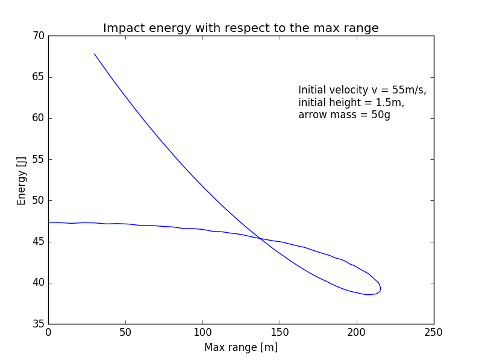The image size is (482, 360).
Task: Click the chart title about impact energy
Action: click(x=241, y=28)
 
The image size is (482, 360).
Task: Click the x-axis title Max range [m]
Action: click(x=241, y=347)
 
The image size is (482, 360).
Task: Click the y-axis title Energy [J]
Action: click(x=22, y=180)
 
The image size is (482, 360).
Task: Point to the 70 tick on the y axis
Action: click(x=38, y=36)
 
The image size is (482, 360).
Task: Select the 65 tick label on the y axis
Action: click(x=38, y=77)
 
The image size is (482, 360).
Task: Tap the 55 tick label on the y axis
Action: click(x=38, y=160)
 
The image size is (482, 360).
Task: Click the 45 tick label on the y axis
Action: click(x=38, y=242)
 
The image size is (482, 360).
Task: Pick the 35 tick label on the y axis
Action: click(x=38, y=324)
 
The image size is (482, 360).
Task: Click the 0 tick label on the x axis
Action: click(x=48, y=332)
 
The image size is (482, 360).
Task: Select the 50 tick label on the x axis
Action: click(x=125, y=332)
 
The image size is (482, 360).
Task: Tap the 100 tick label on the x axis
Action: click(x=202, y=332)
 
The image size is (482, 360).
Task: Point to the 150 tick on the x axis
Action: click(x=280, y=332)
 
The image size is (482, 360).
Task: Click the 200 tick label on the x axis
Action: click(x=357, y=332)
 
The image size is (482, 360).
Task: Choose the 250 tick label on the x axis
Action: click(x=434, y=332)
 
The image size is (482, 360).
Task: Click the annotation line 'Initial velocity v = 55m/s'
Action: click(x=362, y=90)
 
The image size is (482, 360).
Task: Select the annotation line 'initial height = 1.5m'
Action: click(x=351, y=103)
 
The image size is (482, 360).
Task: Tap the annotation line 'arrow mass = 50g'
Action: click(x=344, y=115)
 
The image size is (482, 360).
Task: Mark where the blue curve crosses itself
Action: click(x=261, y=238)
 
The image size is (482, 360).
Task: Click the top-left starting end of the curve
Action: click(x=95, y=54)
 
